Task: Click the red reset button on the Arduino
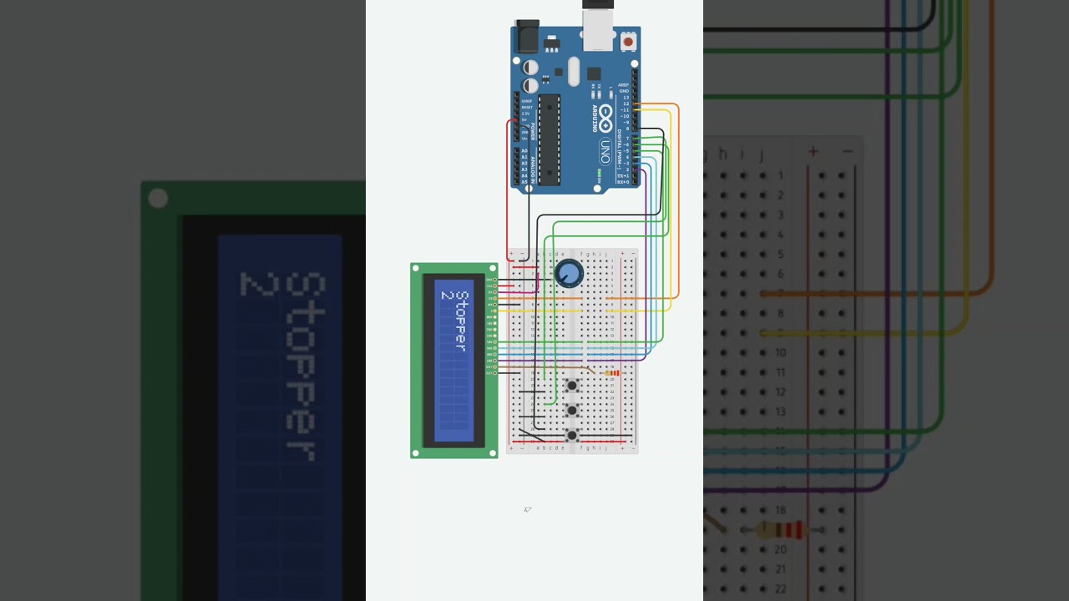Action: point(628,41)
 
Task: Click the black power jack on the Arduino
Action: point(528,37)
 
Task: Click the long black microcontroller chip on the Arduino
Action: point(549,139)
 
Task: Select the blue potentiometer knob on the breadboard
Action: point(569,273)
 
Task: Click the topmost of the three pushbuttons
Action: point(572,386)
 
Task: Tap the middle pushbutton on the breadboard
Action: point(572,411)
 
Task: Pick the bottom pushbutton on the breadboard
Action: point(572,435)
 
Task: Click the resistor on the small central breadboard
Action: point(612,373)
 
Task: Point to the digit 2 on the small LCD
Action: point(447,295)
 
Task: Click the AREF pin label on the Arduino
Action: point(623,85)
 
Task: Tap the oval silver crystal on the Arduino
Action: point(574,72)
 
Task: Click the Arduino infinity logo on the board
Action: point(605,114)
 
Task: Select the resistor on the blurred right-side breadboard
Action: point(780,530)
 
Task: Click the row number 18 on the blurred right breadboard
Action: point(780,510)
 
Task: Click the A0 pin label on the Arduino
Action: point(524,152)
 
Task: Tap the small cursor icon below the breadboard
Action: point(527,509)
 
